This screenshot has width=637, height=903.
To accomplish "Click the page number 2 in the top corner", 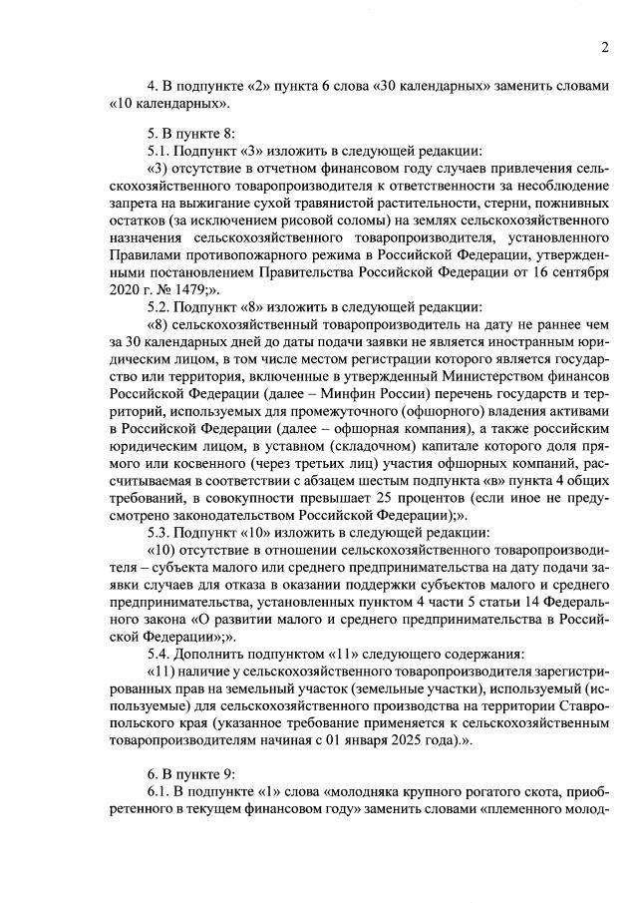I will coord(604,48).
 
